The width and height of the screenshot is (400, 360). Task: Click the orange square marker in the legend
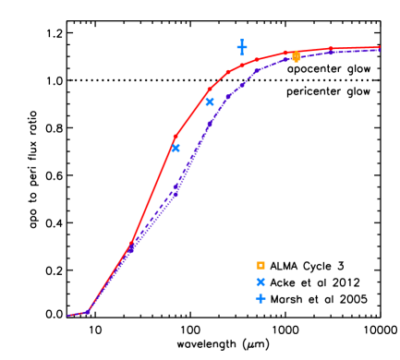(261, 266)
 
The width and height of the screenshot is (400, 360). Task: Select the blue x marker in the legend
(261, 282)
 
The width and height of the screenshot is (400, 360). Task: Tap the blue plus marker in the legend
(261, 299)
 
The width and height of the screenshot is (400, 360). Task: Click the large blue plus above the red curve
(242, 47)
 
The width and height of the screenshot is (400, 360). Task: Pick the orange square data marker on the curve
(296, 56)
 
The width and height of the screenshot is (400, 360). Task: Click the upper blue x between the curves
(210, 102)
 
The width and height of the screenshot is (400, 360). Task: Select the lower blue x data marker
(176, 148)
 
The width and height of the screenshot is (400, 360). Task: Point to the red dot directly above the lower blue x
(176, 137)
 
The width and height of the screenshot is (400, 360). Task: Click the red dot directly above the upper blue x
(210, 90)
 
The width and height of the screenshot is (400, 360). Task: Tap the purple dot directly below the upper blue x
(210, 123)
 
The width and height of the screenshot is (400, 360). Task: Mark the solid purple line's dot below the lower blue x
(176, 193)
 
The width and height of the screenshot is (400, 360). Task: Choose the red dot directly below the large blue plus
(242, 65)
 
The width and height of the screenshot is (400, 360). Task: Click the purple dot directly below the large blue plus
(242, 83)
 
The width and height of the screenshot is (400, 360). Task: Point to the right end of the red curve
(379, 47)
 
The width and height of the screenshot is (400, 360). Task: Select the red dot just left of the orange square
(285, 53)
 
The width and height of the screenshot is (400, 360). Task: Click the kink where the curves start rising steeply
(88, 311)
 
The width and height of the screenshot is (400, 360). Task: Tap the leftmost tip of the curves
(67, 316)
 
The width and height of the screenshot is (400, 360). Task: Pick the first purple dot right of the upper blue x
(227, 96)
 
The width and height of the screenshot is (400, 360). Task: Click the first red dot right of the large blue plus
(257, 60)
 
